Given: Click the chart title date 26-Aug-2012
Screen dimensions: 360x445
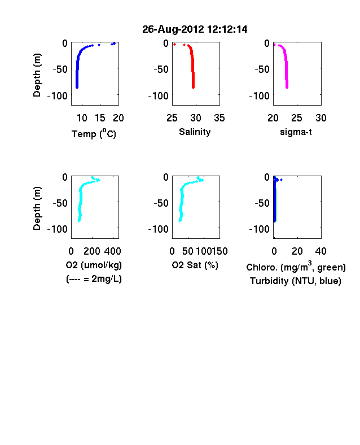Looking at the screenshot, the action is [173, 29].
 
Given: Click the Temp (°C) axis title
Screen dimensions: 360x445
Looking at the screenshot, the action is [94, 133].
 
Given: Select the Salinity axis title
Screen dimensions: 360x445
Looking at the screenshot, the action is [195, 132].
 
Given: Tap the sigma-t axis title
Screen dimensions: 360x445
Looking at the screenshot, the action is [296, 132].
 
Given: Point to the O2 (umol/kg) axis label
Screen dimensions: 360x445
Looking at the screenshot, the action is [94, 265].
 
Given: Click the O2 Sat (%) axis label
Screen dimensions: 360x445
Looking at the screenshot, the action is [195, 265].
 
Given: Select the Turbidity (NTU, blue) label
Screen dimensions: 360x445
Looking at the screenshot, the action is [296, 281].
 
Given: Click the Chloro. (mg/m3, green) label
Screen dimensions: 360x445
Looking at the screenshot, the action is [296, 267].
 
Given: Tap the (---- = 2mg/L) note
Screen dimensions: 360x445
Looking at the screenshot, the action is [94, 279].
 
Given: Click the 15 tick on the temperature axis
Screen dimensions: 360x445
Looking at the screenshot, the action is [100, 118].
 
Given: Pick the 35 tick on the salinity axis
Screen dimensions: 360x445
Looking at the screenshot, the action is [219, 118].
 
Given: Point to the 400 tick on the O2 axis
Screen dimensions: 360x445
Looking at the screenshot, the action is [112, 251].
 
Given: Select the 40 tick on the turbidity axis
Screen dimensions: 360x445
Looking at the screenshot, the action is [321, 251].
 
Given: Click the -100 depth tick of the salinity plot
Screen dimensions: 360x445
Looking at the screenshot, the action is [159, 96].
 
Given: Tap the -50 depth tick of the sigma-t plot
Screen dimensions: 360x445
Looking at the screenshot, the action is [262, 69].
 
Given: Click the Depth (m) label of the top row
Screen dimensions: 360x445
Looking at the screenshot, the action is [37, 75].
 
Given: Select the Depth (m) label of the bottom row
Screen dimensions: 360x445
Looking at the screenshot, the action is [37, 208].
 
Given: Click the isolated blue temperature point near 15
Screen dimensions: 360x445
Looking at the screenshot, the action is [99, 45].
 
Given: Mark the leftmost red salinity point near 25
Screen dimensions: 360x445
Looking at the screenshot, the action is [174, 44].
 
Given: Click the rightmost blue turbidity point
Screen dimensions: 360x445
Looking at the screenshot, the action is [281, 180].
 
